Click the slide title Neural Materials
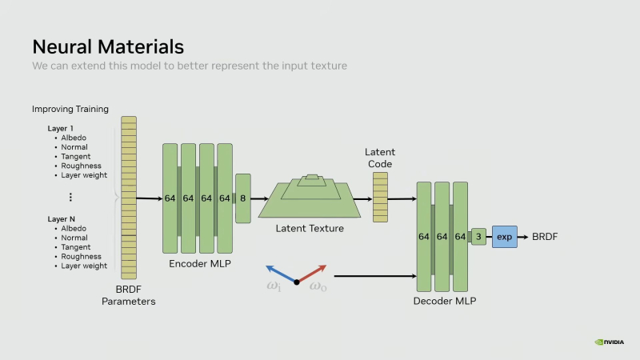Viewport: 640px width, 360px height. tap(108, 46)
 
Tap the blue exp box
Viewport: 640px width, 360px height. tap(504, 236)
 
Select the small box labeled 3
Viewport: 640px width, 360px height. tap(478, 236)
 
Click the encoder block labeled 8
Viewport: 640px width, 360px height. tap(243, 198)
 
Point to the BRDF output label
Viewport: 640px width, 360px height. tap(545, 236)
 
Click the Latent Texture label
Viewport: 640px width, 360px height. tap(310, 228)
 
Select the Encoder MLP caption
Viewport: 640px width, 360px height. tap(199, 262)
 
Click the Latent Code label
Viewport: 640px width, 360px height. tap(380, 158)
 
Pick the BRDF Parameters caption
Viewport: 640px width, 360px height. tap(128, 295)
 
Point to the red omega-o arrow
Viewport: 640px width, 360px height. tap(313, 272)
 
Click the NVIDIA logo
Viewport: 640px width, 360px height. tap(610, 342)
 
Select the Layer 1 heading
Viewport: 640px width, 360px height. tap(60, 128)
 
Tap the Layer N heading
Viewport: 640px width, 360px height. tap(61, 218)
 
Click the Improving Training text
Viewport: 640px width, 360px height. tap(70, 109)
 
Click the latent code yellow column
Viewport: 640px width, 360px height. tap(380, 198)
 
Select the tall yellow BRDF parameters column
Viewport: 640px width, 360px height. tap(128, 198)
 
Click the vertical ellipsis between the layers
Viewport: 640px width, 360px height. tap(70, 197)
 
